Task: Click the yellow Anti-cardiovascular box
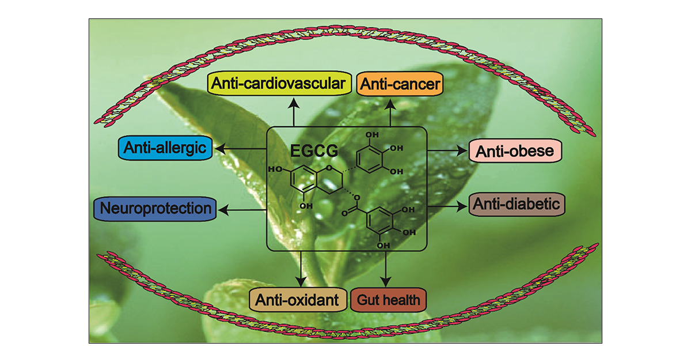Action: (279, 83)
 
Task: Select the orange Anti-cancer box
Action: (400, 84)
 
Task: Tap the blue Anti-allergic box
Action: (165, 148)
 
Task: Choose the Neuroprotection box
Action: (155, 209)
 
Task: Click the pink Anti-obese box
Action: (515, 150)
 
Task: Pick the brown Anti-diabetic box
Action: (517, 204)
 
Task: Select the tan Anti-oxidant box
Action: (298, 300)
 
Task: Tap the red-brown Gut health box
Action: (388, 300)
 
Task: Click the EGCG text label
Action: (314, 150)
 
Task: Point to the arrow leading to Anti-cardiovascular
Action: (294, 112)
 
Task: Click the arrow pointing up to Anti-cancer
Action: (390, 113)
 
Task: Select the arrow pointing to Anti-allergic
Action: (241, 149)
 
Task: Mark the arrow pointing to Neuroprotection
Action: (242, 210)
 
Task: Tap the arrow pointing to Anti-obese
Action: (447, 150)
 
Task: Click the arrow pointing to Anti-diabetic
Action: (447, 206)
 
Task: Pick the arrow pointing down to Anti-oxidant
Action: (301, 269)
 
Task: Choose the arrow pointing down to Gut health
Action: (386, 269)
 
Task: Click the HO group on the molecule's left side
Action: (275, 169)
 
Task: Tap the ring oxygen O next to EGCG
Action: (329, 168)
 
